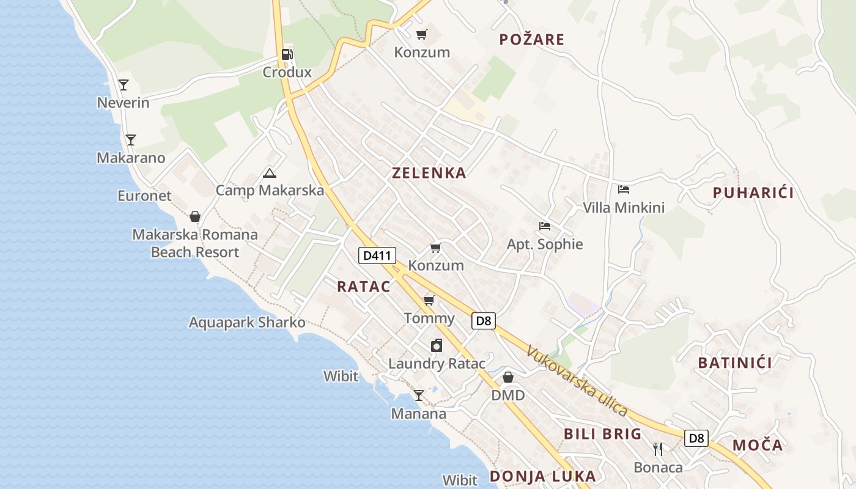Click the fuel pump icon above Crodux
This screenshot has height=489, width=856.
point(287,54)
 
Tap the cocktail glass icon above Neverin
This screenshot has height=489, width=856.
point(124,84)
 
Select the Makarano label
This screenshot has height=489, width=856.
point(131,158)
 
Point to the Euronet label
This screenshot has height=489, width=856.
point(144,196)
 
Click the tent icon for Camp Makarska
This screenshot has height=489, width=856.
point(270,173)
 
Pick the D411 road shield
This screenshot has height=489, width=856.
point(377,256)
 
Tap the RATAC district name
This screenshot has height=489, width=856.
point(363,286)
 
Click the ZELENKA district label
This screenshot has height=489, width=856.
point(429,173)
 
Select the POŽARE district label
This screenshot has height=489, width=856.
point(531,40)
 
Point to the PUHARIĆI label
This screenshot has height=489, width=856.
point(753,193)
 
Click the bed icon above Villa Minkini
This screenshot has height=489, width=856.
point(624,189)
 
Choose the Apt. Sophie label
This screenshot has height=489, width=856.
point(545,244)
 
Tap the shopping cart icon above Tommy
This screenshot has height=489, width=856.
point(429,300)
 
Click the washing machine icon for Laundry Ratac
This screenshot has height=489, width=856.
point(437,346)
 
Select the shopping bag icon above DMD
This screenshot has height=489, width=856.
point(508,377)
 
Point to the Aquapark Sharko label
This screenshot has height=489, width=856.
point(247,322)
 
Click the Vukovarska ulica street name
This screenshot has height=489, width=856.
point(577,381)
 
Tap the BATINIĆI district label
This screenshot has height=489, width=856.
point(734,363)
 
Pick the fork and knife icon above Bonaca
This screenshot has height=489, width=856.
point(658,449)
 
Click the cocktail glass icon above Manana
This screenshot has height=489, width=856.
point(419,395)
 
